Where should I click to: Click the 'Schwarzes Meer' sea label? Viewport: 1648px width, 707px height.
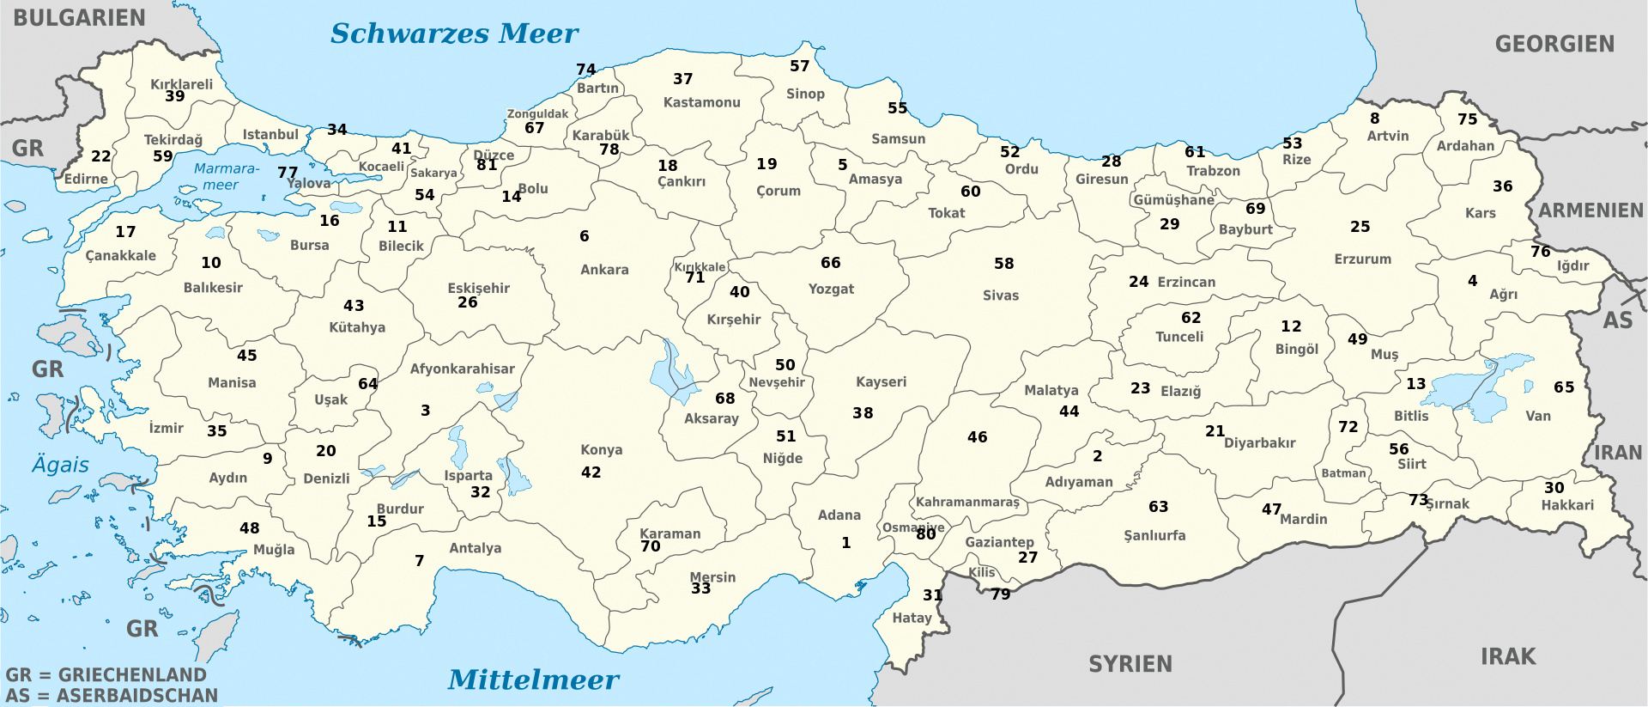point(454,34)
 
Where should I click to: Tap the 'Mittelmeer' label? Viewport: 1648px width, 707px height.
point(533,680)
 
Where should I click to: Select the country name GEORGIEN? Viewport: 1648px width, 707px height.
point(1554,44)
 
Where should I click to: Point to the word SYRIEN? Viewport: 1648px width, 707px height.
point(1130,664)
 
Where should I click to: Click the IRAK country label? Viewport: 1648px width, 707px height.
point(1508,656)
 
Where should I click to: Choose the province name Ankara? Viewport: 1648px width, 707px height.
point(604,270)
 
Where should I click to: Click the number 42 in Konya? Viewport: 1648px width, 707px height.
point(591,472)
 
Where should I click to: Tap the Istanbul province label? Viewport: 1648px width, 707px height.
point(270,135)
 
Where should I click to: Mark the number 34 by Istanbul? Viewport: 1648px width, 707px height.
point(336,130)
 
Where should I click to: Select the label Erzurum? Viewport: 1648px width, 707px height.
point(1362,259)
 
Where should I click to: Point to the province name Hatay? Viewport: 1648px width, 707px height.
point(912,618)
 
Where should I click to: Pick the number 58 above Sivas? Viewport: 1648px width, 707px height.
point(1003,264)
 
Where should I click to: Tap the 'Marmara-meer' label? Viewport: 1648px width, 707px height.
point(225,176)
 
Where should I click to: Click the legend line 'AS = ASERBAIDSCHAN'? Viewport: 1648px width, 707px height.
point(112,695)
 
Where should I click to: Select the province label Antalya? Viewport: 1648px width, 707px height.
point(475,548)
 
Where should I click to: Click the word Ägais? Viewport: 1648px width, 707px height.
point(60,465)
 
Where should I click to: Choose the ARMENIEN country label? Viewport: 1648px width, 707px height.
point(1590,210)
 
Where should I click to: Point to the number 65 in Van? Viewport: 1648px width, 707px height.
point(1564,387)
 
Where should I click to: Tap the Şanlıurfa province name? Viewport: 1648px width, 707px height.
point(1154,535)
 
